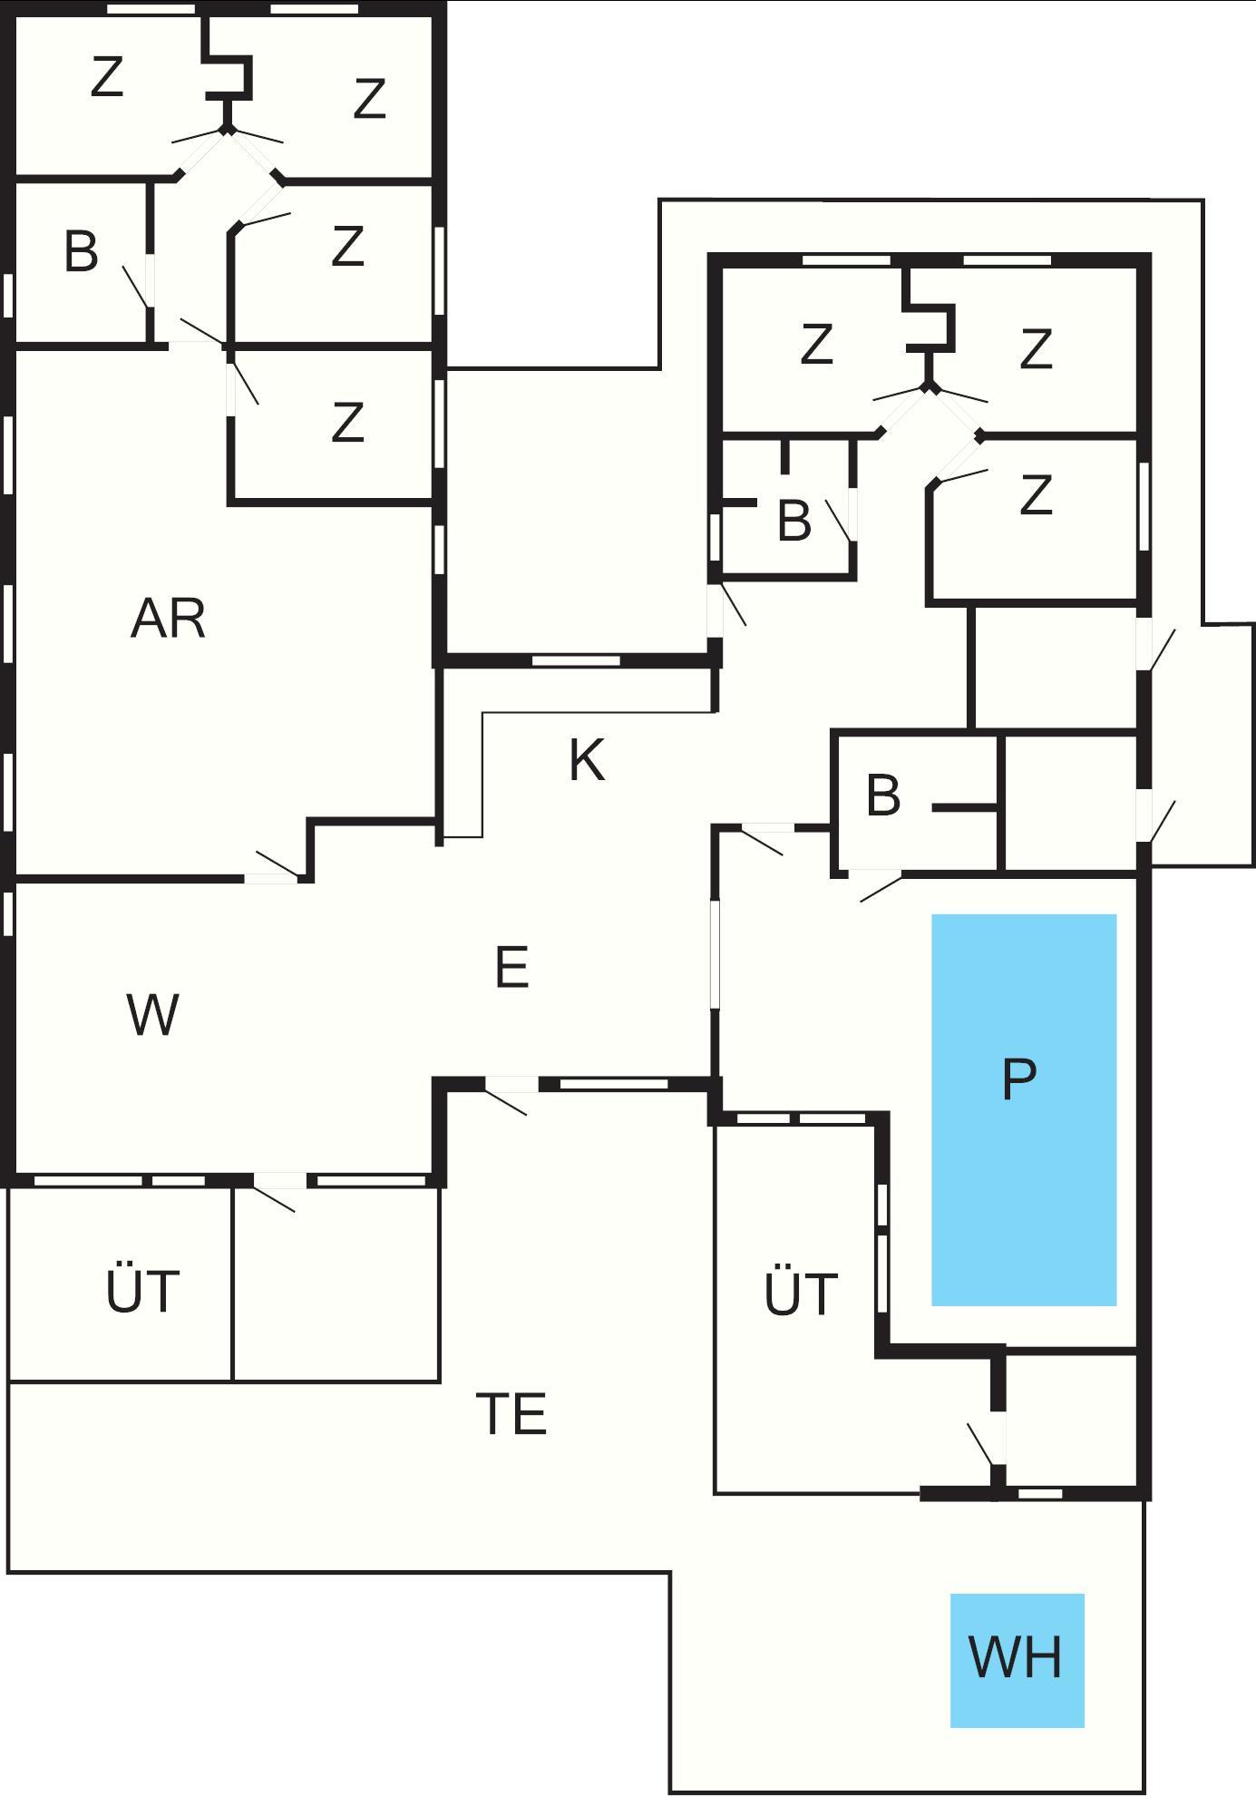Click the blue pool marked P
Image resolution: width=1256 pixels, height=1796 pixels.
click(x=1024, y=1179)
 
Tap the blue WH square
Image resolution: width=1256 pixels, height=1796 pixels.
click(x=1017, y=1661)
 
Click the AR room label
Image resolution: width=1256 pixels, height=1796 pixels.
click(x=168, y=620)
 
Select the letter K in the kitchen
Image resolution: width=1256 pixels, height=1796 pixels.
click(x=587, y=760)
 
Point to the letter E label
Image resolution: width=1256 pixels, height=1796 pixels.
click(x=512, y=967)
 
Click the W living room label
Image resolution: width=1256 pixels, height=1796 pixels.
click(x=152, y=1015)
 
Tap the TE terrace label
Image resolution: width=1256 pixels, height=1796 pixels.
click(x=511, y=1413)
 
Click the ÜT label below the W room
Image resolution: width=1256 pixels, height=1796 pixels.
click(x=142, y=1291)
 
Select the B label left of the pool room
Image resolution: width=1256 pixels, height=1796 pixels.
click(x=883, y=796)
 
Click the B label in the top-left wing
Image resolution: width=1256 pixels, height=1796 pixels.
click(x=81, y=252)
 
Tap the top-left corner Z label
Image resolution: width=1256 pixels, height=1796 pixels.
click(x=107, y=78)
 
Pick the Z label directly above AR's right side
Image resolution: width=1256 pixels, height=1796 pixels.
click(x=348, y=422)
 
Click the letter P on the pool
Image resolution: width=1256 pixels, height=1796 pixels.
click(x=1018, y=1079)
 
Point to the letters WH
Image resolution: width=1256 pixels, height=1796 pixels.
click(x=1015, y=1657)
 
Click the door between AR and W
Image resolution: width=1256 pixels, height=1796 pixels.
click(x=271, y=877)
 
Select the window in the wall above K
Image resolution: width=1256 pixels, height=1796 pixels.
click(x=575, y=660)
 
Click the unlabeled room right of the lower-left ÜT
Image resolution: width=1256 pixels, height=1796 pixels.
click(x=336, y=1284)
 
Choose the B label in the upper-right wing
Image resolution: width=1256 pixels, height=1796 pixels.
click(x=794, y=521)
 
